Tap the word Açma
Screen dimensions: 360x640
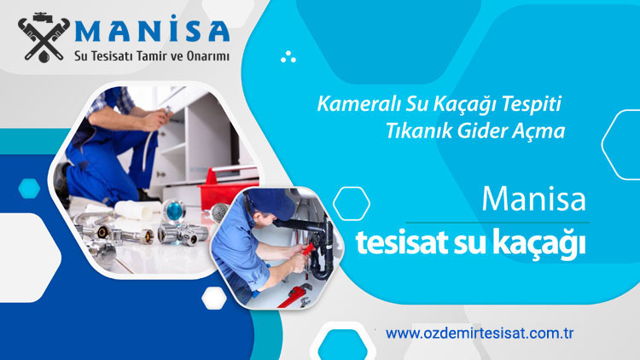[x=544, y=133]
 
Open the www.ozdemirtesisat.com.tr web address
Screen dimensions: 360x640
[x=478, y=333]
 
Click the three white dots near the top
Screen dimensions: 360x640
[x=288, y=57]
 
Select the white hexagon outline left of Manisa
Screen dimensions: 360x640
[x=351, y=203]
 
